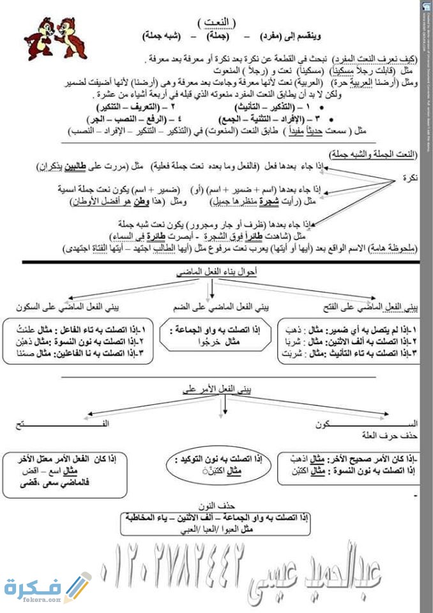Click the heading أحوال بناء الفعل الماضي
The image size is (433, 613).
(x=216, y=272)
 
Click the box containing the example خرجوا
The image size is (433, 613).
(x=218, y=335)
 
